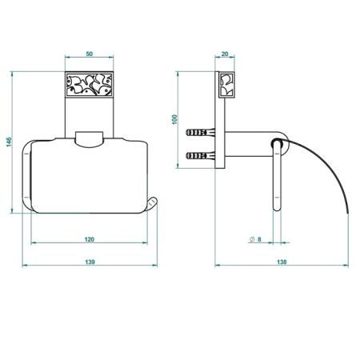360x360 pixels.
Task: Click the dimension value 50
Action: (x=90, y=54)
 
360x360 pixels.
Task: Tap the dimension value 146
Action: (x=9, y=142)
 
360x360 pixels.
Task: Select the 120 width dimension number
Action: (x=90, y=239)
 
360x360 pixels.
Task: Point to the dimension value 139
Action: (x=90, y=262)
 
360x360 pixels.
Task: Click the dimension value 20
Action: (x=225, y=54)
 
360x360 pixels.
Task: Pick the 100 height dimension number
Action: (x=174, y=119)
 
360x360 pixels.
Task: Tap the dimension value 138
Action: (x=282, y=262)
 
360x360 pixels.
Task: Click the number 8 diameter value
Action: (x=259, y=239)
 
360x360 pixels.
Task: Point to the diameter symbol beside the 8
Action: (x=252, y=239)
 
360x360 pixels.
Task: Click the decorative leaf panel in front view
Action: (x=90, y=85)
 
